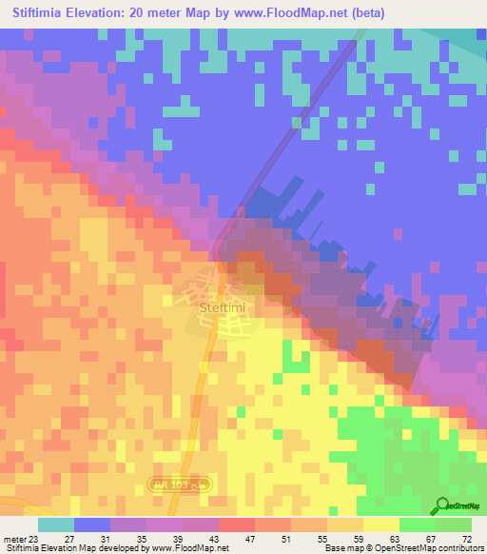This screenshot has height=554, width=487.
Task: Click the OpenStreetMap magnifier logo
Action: pos(443,506)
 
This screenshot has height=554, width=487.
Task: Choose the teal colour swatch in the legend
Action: pos(56,524)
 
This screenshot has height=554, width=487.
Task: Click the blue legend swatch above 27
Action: pos(92,524)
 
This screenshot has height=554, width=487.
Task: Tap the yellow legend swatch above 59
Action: pos(381,524)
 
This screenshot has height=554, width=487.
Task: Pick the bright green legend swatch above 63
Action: pos(418,524)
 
